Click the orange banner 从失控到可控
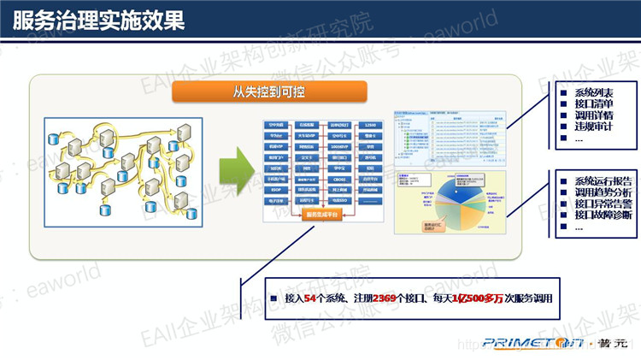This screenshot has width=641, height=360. [269, 91]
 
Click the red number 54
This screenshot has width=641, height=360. [310, 298]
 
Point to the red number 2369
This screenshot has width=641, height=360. [385, 298]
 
